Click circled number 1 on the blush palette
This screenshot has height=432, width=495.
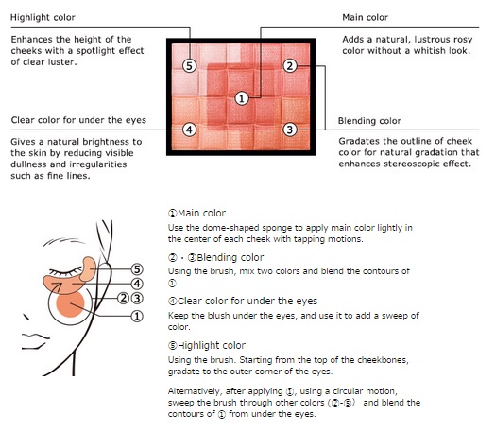[242, 98]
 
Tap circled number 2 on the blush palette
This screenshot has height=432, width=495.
[290, 66]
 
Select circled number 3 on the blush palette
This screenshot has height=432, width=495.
[290, 130]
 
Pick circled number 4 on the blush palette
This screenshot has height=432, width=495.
[189, 130]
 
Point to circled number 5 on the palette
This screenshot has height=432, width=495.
[189, 66]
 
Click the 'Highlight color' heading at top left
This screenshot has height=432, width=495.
[43, 17]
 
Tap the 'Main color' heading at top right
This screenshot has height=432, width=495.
[366, 17]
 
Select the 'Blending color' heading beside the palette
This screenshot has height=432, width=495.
[369, 121]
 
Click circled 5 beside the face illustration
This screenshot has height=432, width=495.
[137, 269]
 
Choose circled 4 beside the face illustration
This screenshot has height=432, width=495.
[137, 284]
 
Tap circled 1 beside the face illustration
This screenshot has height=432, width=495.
[137, 316]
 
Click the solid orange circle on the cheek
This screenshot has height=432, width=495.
[71, 303]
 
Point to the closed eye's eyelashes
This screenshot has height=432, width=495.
[65, 271]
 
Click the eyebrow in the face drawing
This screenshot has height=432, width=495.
[63, 241]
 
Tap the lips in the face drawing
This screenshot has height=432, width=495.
[35, 340]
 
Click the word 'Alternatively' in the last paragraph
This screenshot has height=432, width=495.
[195, 391]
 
